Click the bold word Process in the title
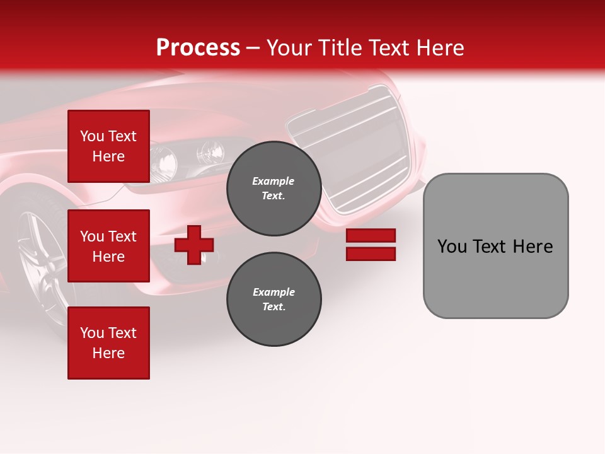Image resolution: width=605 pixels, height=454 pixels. click(x=198, y=48)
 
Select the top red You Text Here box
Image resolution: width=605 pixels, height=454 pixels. click(x=108, y=146)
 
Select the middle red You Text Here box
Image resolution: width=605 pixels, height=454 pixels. click(x=108, y=246)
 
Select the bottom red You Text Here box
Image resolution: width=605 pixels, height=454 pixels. click(x=108, y=343)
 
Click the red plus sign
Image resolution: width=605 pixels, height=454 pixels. click(x=194, y=245)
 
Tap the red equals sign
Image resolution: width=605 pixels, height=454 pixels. click(x=371, y=245)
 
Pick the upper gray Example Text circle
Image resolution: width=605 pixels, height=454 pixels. click(x=274, y=189)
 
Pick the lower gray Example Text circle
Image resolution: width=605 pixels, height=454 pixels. click(x=274, y=300)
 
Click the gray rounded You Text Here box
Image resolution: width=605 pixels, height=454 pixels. click(x=495, y=246)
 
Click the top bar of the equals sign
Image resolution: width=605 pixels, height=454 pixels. click(x=371, y=236)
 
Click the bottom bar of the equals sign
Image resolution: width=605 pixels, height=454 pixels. click(x=371, y=254)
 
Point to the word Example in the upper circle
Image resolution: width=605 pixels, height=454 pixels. click(x=274, y=181)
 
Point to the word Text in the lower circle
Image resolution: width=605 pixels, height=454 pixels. click(x=274, y=307)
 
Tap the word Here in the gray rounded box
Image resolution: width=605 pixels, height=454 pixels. click(x=533, y=247)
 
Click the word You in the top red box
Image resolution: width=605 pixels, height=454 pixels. click(x=91, y=136)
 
